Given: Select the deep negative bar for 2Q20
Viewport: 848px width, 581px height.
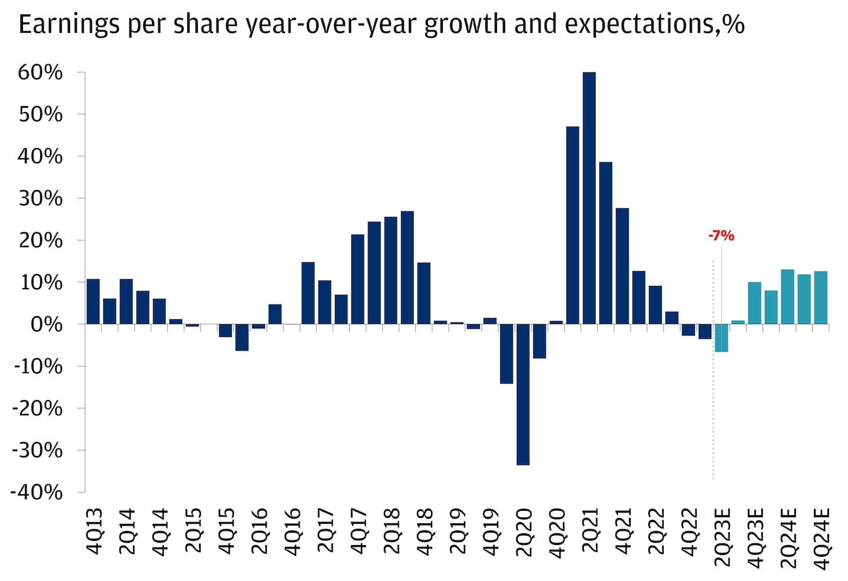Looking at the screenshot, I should (523, 394).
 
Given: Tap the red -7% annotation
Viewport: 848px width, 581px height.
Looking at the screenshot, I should (721, 236).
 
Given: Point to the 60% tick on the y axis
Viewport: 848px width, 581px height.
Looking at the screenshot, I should (40, 72).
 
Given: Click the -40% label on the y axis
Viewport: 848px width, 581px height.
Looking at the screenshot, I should (37, 492).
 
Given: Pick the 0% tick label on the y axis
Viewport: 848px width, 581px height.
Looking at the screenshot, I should (46, 324).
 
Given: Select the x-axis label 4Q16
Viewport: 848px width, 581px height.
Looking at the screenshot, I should (292, 532).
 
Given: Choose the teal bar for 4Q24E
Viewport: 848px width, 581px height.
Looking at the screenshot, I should (821, 298).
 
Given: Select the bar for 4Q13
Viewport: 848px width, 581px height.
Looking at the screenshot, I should (93, 301).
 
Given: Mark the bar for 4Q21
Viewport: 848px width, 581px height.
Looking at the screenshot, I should (622, 266).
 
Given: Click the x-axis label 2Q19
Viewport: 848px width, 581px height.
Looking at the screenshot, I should (458, 532).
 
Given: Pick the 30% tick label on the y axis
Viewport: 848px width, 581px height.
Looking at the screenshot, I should (40, 199).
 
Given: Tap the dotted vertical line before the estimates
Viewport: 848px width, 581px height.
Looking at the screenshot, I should (713, 412).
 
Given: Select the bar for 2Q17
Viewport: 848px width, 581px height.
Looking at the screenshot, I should (324, 302).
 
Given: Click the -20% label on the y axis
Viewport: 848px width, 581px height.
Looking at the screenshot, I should (37, 408).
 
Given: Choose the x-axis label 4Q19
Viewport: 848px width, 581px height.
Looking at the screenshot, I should (491, 532).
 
